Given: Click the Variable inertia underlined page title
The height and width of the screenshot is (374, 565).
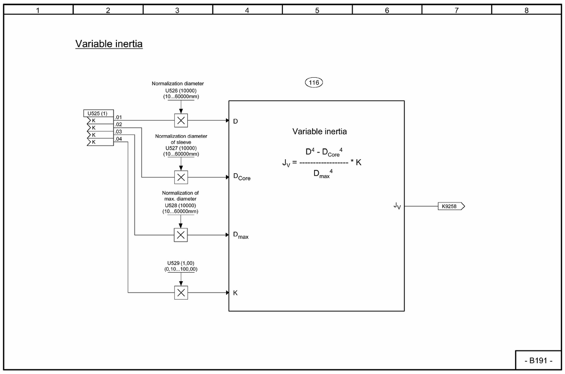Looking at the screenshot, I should click(109, 44).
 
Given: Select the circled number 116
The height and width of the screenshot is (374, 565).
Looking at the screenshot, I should click(314, 83).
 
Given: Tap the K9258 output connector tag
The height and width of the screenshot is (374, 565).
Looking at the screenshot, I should click(451, 206).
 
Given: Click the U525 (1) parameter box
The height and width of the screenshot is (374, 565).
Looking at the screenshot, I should click(97, 114).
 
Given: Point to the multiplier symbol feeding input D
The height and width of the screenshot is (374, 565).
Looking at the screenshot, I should click(181, 120).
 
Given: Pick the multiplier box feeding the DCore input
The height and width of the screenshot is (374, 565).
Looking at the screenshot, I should click(181, 177).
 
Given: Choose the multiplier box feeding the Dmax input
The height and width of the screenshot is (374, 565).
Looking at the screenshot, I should click(181, 235).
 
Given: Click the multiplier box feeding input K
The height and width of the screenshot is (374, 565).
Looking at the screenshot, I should click(181, 293).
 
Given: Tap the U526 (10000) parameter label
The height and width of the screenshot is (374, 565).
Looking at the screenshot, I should click(181, 90).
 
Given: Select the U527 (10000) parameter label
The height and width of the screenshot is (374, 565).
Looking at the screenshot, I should click(181, 148).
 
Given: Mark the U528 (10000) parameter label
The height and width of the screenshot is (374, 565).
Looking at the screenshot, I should click(181, 205).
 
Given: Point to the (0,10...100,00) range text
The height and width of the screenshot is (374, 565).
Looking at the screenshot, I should click(181, 269).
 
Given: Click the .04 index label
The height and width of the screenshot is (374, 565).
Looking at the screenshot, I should click(119, 139).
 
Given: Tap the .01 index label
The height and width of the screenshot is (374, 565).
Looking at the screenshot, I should click(119, 117).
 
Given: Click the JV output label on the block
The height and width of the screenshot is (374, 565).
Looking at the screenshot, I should click(397, 206).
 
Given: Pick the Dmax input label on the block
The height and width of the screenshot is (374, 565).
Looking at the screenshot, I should click(241, 235).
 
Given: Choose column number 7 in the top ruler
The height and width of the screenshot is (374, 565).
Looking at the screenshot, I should click(456, 10).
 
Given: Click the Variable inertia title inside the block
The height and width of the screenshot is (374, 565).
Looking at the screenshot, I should click(319, 131).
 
